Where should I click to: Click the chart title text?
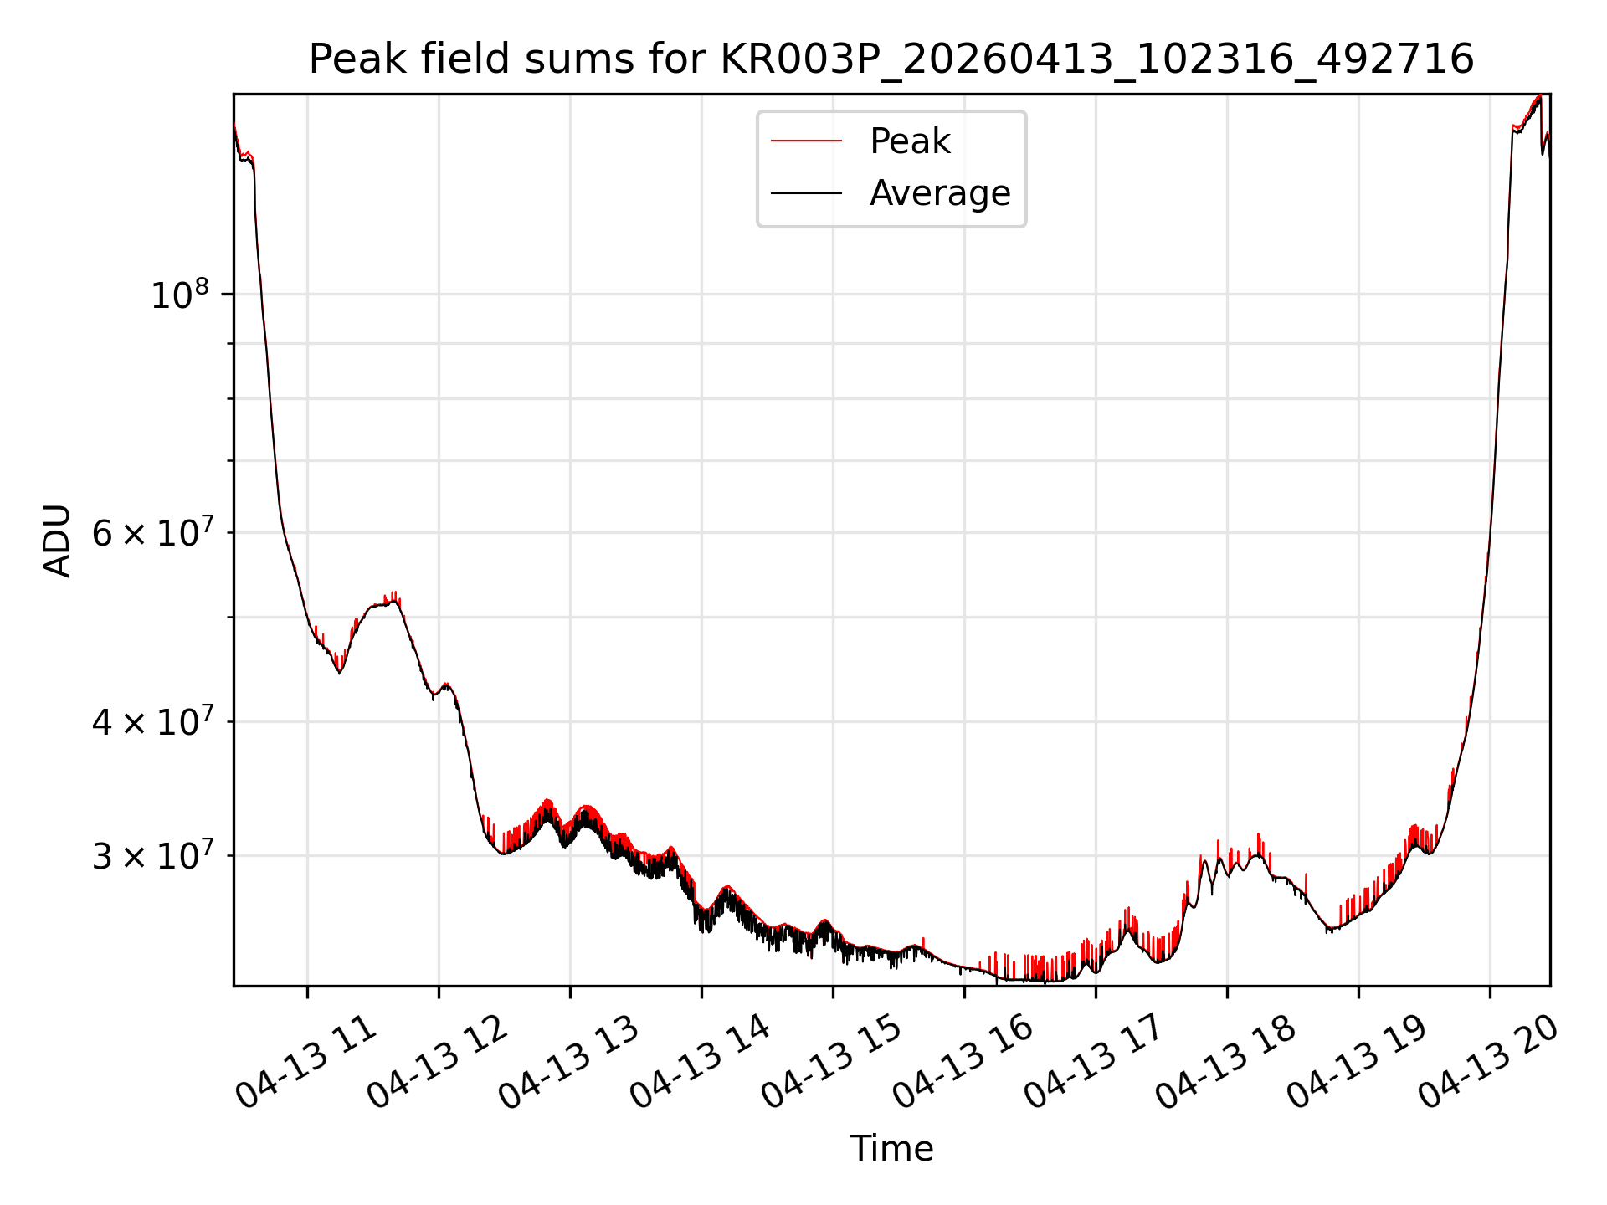891,59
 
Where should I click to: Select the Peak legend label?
910,141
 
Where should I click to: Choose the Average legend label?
940,193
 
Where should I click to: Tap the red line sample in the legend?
806,141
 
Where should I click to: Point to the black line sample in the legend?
806,193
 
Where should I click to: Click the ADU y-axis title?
57,541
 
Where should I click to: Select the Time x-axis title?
891,1148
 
